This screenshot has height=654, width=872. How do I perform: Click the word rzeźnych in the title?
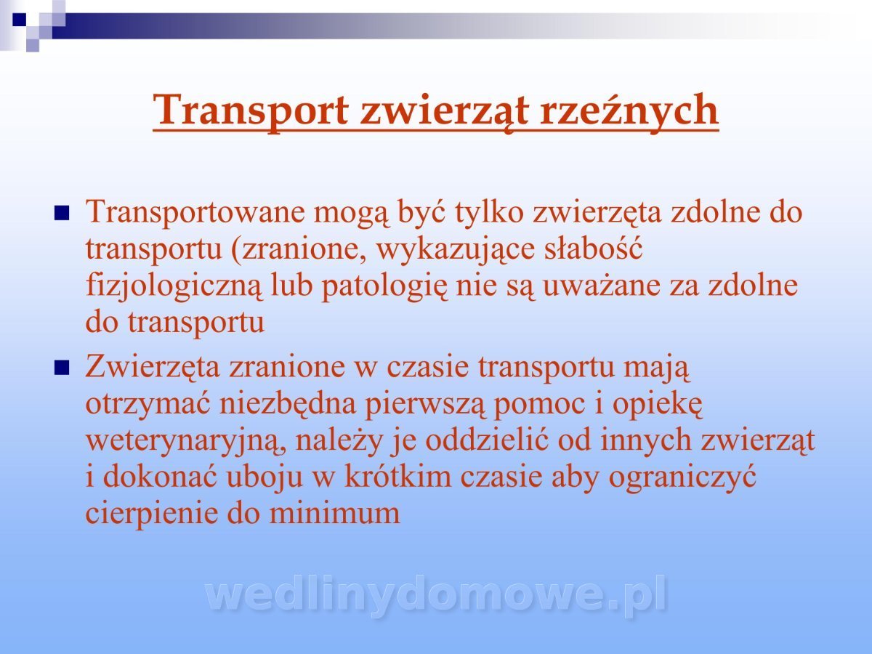pos(629,110)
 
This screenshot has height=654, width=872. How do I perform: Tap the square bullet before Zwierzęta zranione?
pos(62,368)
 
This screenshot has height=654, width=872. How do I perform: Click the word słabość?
pos(593,249)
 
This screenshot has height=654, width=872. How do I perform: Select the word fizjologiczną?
pos(174,286)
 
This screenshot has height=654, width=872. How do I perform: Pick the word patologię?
pos(384,286)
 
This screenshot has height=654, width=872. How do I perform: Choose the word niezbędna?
pos(288,404)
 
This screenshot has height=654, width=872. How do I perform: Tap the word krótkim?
pos(397,476)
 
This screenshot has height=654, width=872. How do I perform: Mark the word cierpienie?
pos(152,514)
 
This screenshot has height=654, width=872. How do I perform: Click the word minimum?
pos(334,512)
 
